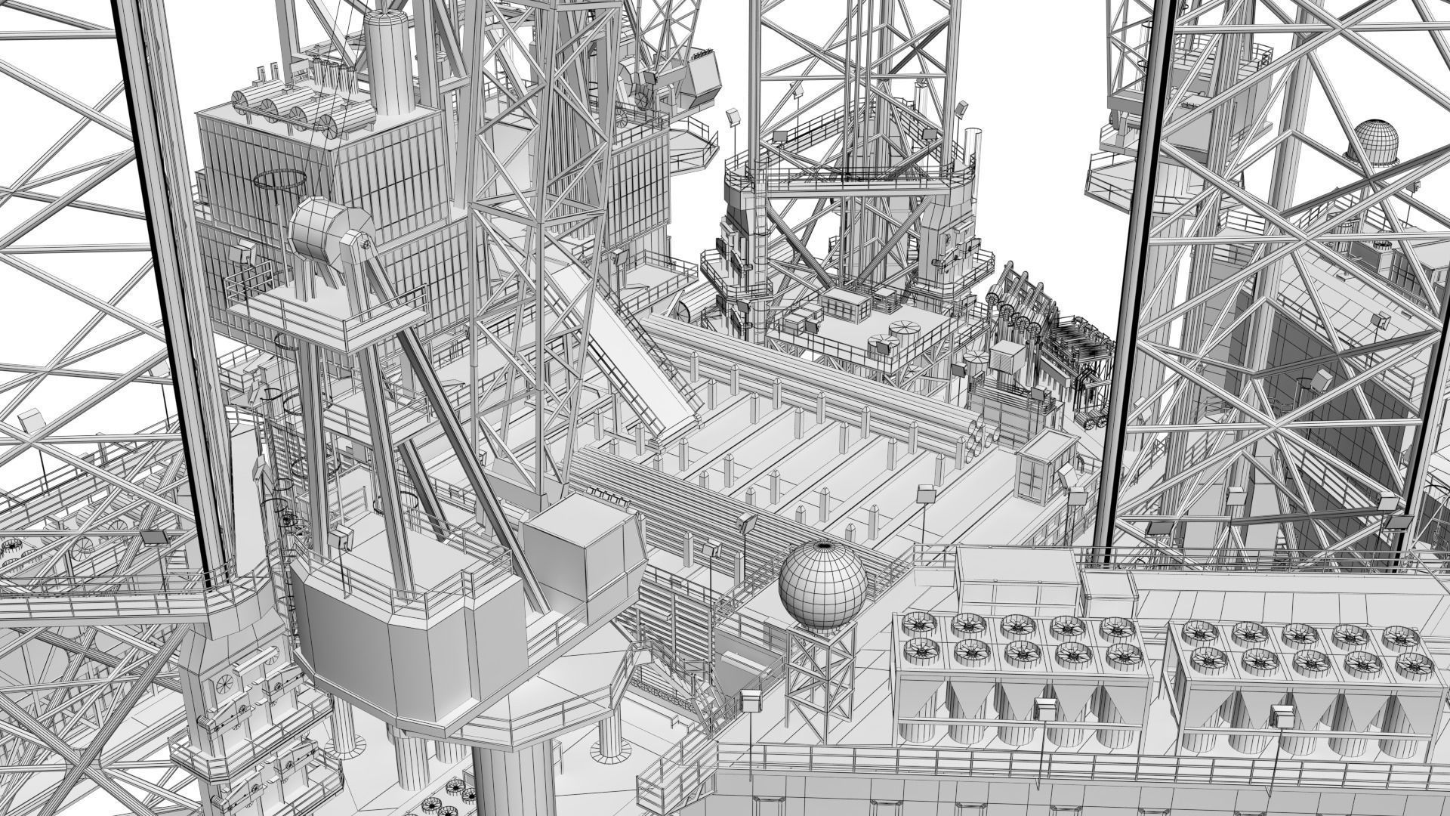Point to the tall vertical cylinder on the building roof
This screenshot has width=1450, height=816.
coord(388,60)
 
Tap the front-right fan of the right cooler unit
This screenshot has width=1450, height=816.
coord(1409,665)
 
